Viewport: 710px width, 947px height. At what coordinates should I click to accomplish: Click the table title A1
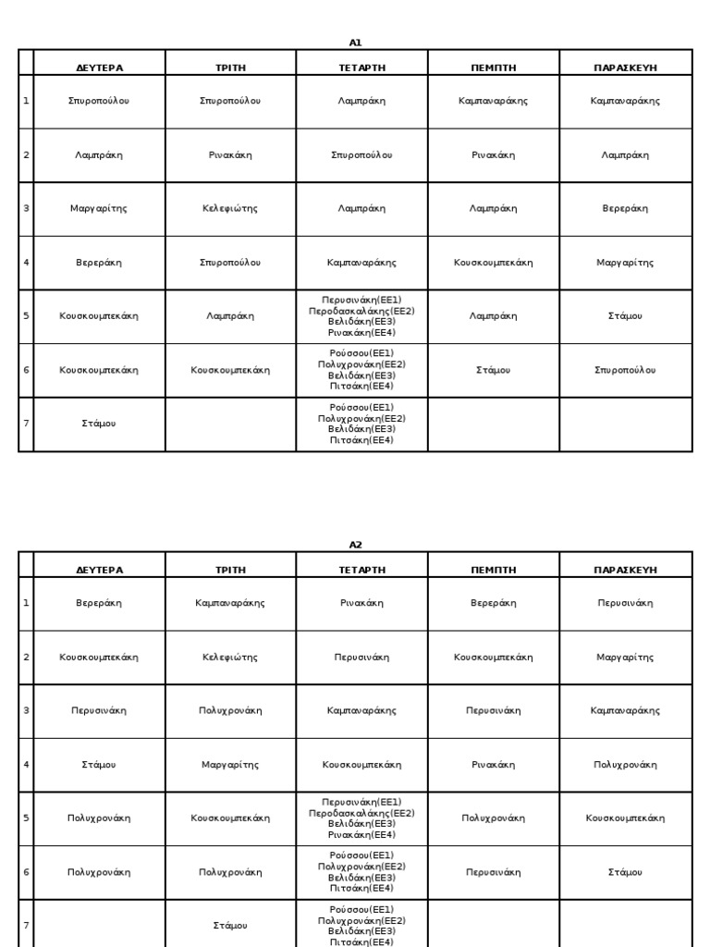(355, 43)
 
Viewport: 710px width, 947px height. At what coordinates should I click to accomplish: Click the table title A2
(355, 545)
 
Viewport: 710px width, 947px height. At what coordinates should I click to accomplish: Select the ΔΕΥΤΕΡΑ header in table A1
(99, 68)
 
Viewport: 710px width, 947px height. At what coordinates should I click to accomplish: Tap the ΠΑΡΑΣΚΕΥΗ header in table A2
(625, 570)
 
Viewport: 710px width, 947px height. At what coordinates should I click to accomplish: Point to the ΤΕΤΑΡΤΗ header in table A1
(361, 68)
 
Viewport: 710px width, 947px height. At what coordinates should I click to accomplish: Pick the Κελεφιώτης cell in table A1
(230, 208)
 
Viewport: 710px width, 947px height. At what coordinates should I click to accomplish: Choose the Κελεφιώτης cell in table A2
(230, 657)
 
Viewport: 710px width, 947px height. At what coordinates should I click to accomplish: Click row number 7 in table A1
(26, 423)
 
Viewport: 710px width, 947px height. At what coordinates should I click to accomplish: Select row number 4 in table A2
(26, 765)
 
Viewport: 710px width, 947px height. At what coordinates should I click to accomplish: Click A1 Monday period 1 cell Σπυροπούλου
(99, 101)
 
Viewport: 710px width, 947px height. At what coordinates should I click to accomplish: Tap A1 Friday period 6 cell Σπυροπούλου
(625, 370)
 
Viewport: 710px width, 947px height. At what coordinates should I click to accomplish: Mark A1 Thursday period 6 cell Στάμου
(493, 370)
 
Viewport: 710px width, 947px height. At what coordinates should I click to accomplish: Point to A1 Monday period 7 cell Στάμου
(99, 423)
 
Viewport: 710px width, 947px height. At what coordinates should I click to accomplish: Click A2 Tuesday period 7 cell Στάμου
(230, 925)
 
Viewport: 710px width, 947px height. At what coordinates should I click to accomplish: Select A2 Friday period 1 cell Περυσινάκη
(625, 603)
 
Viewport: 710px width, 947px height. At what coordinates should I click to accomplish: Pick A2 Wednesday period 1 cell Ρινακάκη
(361, 603)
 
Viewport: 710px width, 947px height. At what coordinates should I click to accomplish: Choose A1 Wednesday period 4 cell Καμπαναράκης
(361, 263)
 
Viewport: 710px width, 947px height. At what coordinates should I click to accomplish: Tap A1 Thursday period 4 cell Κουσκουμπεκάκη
(493, 263)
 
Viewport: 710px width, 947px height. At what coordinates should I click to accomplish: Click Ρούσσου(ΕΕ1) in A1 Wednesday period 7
(361, 407)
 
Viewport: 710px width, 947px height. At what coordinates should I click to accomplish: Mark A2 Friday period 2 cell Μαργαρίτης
(625, 657)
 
